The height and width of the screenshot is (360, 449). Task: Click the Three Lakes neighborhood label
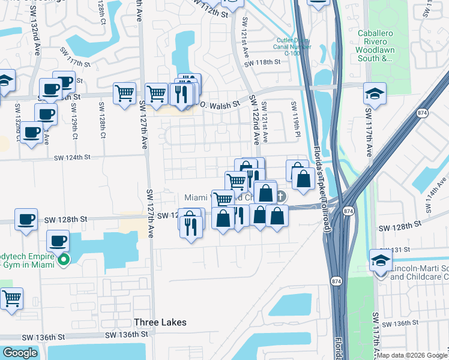click(x=160, y=322)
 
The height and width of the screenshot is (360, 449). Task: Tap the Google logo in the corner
click(x=20, y=353)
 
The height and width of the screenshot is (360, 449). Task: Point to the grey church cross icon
click(x=281, y=196)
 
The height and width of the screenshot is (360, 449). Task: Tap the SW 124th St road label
click(x=71, y=158)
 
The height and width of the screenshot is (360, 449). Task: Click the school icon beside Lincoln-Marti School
click(x=381, y=260)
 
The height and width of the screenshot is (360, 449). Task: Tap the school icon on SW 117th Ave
click(x=375, y=93)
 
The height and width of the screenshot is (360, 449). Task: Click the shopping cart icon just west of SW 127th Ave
click(x=124, y=93)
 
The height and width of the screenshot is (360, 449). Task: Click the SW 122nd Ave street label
click(x=255, y=119)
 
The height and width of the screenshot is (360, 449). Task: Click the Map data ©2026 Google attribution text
click(x=412, y=355)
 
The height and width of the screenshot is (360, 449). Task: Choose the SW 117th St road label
click(x=74, y=61)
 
